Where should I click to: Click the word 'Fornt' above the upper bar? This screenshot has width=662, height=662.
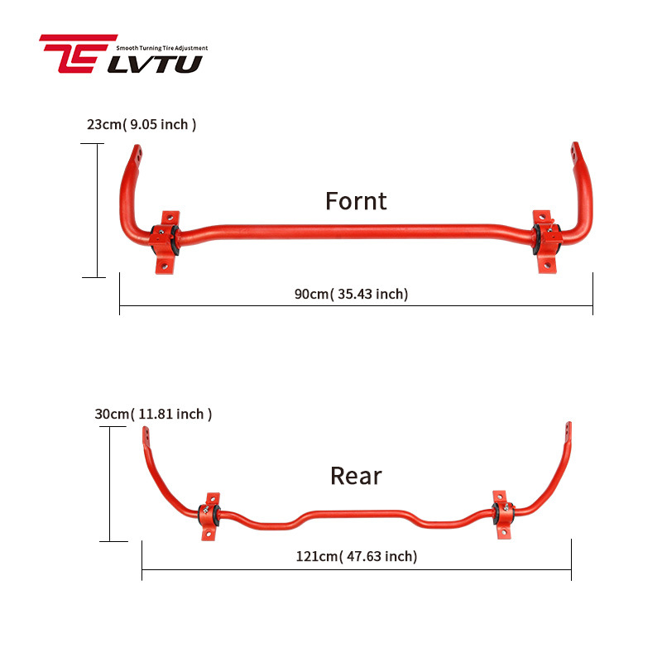pos(356,201)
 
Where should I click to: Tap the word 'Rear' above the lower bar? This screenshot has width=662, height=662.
pos(356,476)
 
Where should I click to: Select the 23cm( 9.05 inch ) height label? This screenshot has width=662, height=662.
pos(142,125)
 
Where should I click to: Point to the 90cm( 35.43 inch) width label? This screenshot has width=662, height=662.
pos(351,294)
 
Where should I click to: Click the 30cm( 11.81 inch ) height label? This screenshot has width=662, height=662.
pos(153,414)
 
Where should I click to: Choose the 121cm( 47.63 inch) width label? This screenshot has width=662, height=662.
pos(357,556)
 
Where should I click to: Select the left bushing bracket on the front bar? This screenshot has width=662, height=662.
pos(166,239)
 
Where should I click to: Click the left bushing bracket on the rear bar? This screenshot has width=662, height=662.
pos(210,516)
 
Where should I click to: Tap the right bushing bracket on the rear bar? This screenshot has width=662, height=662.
pos(501,514)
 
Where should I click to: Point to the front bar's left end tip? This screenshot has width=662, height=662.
pos(137,154)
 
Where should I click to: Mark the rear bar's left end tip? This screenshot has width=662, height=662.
pos(146,434)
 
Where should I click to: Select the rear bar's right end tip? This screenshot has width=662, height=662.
pos(568,431)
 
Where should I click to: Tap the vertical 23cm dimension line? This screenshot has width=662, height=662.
pos(98,210)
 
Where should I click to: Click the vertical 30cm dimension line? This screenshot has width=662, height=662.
pos(110,484)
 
